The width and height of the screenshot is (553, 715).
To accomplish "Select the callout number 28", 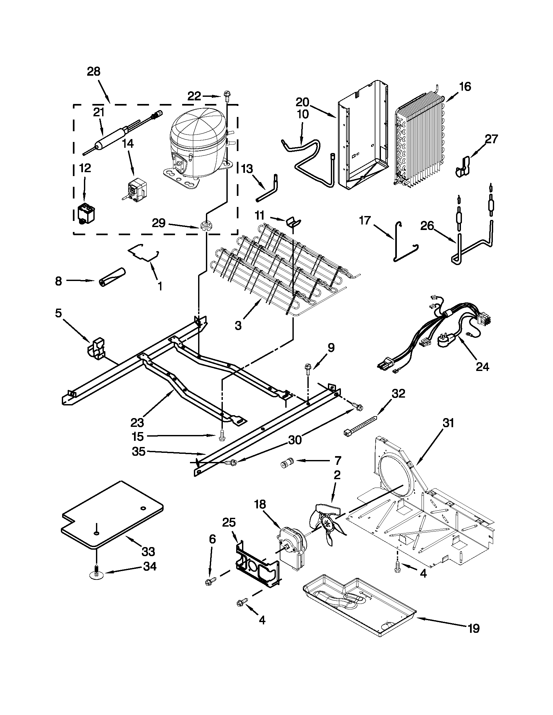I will click(x=94, y=71).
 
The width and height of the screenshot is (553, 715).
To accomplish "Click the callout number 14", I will click(x=128, y=143).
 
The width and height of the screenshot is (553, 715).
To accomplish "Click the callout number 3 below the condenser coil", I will click(x=238, y=326).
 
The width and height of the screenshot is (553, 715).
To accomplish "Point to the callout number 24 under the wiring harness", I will click(x=482, y=367).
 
